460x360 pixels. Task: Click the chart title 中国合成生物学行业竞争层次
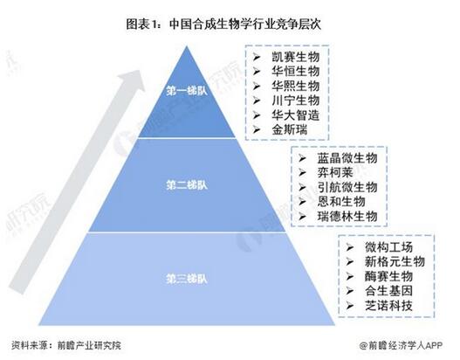[x=245, y=24]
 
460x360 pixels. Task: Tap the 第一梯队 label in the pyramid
[x=187, y=91]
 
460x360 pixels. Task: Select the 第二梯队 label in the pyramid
[x=187, y=184]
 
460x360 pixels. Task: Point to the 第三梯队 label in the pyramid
[x=187, y=279]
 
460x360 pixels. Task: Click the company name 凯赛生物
[x=295, y=57]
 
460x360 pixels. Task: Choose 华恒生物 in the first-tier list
[x=295, y=71]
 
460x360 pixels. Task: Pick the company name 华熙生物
[x=295, y=86]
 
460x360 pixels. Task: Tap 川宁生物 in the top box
[x=295, y=100]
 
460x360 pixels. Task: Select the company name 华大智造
[x=295, y=114]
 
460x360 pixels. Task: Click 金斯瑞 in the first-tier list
[x=290, y=129]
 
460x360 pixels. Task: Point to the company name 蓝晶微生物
[x=347, y=158]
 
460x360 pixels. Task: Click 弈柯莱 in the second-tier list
[x=335, y=173]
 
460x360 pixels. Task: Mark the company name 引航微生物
[x=347, y=187]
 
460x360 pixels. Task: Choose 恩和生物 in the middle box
[x=341, y=202]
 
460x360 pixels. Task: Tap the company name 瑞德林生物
[x=347, y=217]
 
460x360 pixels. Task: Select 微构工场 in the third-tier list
[x=388, y=247]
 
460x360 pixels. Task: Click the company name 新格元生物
[x=395, y=261]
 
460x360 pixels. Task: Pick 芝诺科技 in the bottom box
[x=388, y=306]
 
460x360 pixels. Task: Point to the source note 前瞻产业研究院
[x=89, y=345]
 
